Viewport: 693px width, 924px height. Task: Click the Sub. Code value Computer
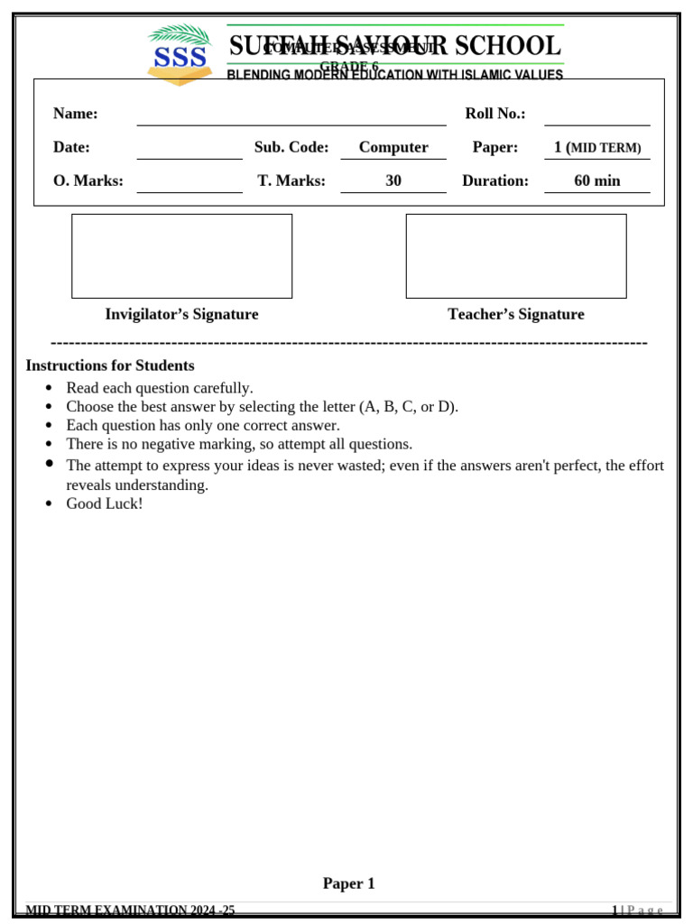393,147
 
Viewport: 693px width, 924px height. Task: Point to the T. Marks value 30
393,180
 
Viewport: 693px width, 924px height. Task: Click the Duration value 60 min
596,180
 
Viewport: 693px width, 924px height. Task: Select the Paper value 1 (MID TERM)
596,147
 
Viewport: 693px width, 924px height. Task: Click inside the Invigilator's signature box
181,256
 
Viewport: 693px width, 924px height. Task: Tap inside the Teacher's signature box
515,256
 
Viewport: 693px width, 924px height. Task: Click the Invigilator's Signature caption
181,314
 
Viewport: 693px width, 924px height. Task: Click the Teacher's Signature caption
515,314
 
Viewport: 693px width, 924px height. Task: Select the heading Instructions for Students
110,365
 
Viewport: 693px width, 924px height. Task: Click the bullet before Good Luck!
49,504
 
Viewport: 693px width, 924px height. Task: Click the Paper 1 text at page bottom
348,883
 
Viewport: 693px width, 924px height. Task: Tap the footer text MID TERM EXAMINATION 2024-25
130,910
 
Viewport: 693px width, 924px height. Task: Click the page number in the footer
615,910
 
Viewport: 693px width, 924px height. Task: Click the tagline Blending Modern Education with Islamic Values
394,75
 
